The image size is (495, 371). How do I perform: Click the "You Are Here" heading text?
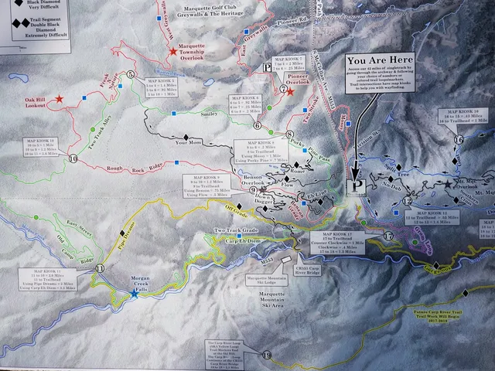coord(380,61)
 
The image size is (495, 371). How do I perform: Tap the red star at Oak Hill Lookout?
coord(59,100)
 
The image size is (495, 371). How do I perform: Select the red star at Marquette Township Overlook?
coord(172,52)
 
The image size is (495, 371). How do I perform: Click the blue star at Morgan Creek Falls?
coord(134,293)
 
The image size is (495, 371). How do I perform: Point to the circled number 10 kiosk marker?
coord(73,158)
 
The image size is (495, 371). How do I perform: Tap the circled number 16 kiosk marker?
coord(459,139)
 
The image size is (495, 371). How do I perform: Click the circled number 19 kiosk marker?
coord(267,355)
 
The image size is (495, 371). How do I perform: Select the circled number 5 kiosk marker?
coord(131,74)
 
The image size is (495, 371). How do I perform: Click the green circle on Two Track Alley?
coord(93,129)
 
